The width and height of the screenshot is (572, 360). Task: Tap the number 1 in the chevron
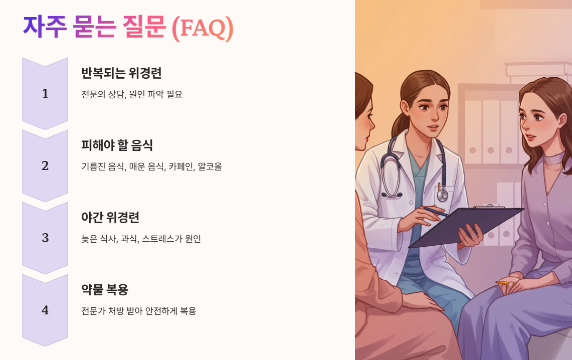coord(45,93)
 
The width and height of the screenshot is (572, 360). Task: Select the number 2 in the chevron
coord(45,165)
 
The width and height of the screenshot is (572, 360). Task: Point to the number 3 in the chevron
coord(45,238)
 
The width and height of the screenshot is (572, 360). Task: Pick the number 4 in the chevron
coord(45,310)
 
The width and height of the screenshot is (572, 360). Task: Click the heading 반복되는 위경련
coord(121,73)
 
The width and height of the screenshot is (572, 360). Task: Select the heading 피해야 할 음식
coord(117,145)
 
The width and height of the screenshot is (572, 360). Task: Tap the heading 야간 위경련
coord(110,218)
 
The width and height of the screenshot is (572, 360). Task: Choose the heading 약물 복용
coord(105,290)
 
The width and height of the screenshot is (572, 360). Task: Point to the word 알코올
coord(210,166)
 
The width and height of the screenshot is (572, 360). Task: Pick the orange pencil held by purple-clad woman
coord(503,283)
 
